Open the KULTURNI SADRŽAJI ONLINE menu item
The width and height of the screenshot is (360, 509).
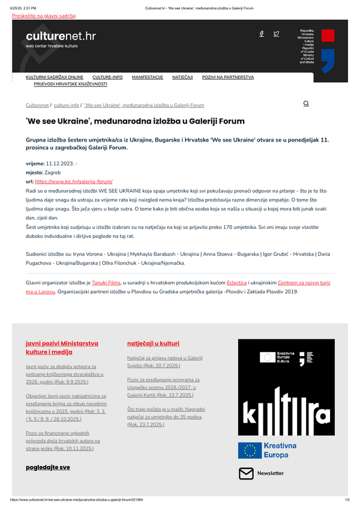coord(55,77)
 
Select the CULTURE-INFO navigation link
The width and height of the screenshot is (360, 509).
coord(107,77)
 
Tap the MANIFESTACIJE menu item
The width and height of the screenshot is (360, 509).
coord(147,77)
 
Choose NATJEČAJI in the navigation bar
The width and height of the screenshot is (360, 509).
coord(182,77)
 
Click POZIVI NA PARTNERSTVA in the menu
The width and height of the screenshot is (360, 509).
coord(228,77)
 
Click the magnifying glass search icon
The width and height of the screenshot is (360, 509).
coord(306,104)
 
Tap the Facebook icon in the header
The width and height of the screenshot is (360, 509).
coord(262,34)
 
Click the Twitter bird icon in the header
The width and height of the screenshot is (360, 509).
coord(276,34)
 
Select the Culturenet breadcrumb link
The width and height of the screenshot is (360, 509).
coord(37,105)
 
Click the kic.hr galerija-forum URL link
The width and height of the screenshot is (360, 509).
coord(74,180)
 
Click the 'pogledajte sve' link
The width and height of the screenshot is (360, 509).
coord(47,466)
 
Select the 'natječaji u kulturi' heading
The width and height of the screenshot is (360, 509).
coord(153,343)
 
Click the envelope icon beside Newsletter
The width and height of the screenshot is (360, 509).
coord(246,474)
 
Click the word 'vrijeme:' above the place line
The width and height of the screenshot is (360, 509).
coord(35,163)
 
